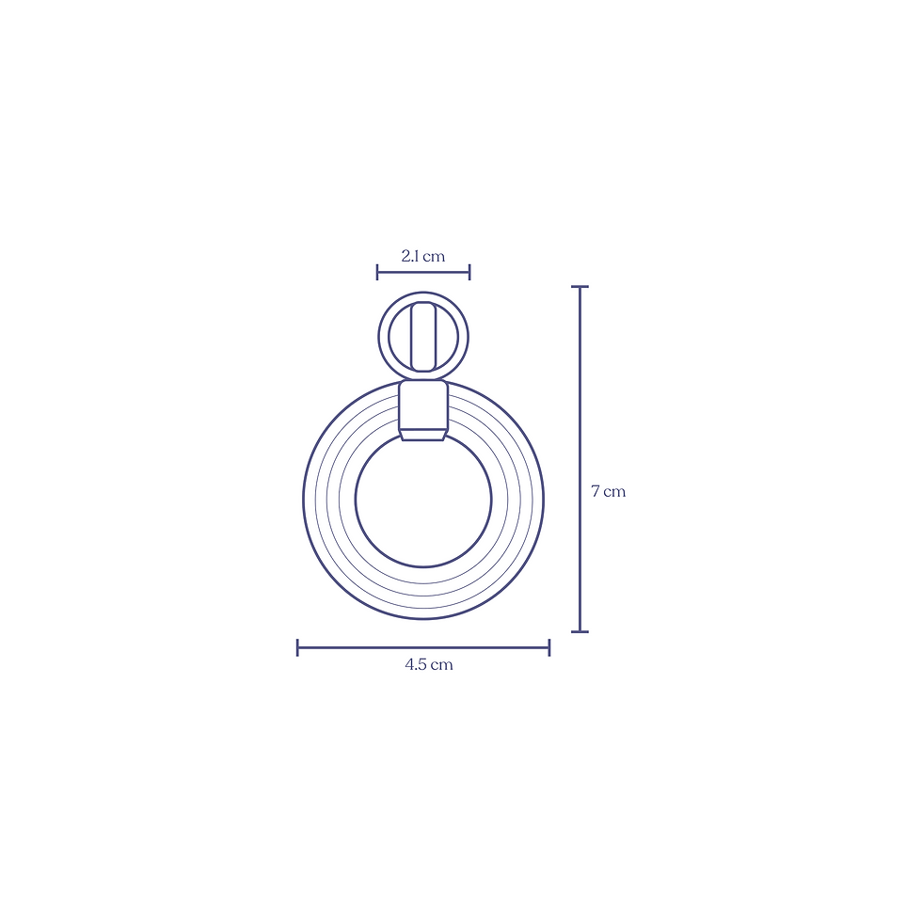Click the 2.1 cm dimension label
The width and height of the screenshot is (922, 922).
[x=422, y=256]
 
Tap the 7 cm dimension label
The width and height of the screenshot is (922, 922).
[x=608, y=491]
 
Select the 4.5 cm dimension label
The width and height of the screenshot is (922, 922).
[x=429, y=664]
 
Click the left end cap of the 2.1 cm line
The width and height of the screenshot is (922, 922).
[x=377, y=272]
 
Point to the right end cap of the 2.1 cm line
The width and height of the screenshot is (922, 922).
[x=469, y=272]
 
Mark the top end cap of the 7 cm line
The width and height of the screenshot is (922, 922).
[x=580, y=286]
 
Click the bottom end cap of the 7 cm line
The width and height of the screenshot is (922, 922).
[x=580, y=631]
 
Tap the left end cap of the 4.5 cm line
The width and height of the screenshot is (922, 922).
[x=297, y=647]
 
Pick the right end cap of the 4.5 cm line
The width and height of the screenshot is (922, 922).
[x=549, y=647]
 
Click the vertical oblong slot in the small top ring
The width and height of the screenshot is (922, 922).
[x=422, y=337]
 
